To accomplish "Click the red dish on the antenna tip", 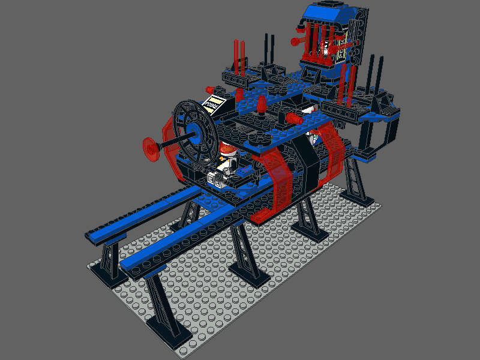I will [x=150, y=148].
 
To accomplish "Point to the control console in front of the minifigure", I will [x=219, y=178].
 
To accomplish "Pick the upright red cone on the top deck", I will [x=262, y=106].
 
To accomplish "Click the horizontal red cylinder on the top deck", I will [x=293, y=118].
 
